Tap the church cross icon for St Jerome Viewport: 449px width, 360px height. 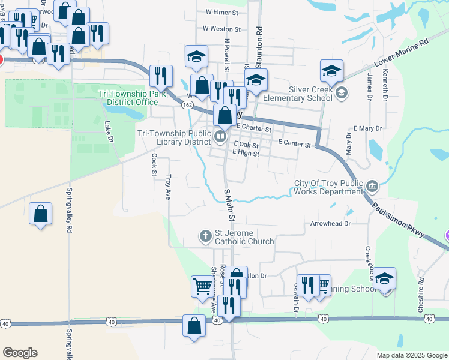(205, 235)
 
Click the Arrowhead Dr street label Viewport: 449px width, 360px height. (330, 223)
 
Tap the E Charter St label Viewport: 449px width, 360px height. (254, 128)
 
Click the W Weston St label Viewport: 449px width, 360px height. (221, 28)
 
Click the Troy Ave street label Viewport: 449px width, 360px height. (169, 187)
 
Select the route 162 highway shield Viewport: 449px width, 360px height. (187, 105)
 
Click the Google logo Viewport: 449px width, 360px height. (20, 353)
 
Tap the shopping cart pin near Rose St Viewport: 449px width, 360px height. (202, 285)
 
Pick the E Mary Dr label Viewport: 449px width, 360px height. (368, 129)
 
